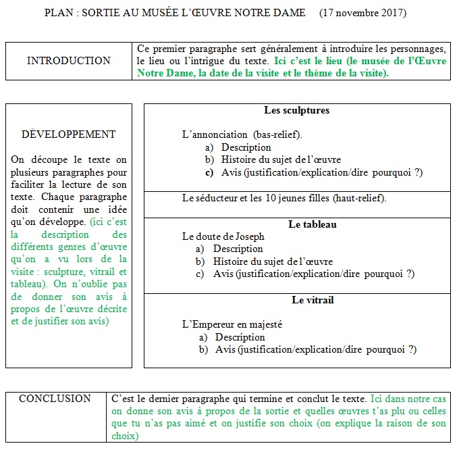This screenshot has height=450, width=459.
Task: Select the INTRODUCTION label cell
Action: (69, 61)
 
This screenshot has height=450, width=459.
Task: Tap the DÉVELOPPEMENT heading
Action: (69, 134)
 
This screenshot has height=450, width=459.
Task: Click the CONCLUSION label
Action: (55, 399)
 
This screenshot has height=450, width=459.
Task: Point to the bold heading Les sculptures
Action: (297, 110)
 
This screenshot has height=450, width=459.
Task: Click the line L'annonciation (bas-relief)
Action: (242, 134)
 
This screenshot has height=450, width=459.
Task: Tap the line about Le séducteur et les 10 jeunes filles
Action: (283, 198)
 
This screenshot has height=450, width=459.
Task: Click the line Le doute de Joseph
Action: (223, 236)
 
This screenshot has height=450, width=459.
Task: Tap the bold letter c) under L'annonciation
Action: (209, 172)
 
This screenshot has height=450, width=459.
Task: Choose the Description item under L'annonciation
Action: (246, 147)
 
